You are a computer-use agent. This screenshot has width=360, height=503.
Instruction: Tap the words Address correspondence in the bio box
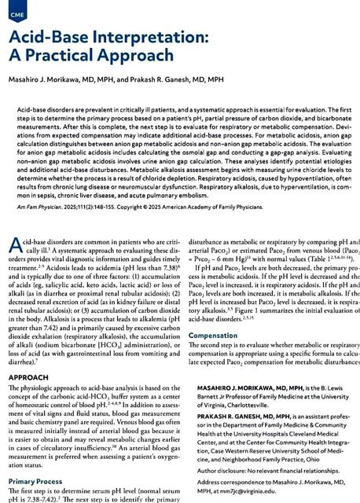coord(229,476)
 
